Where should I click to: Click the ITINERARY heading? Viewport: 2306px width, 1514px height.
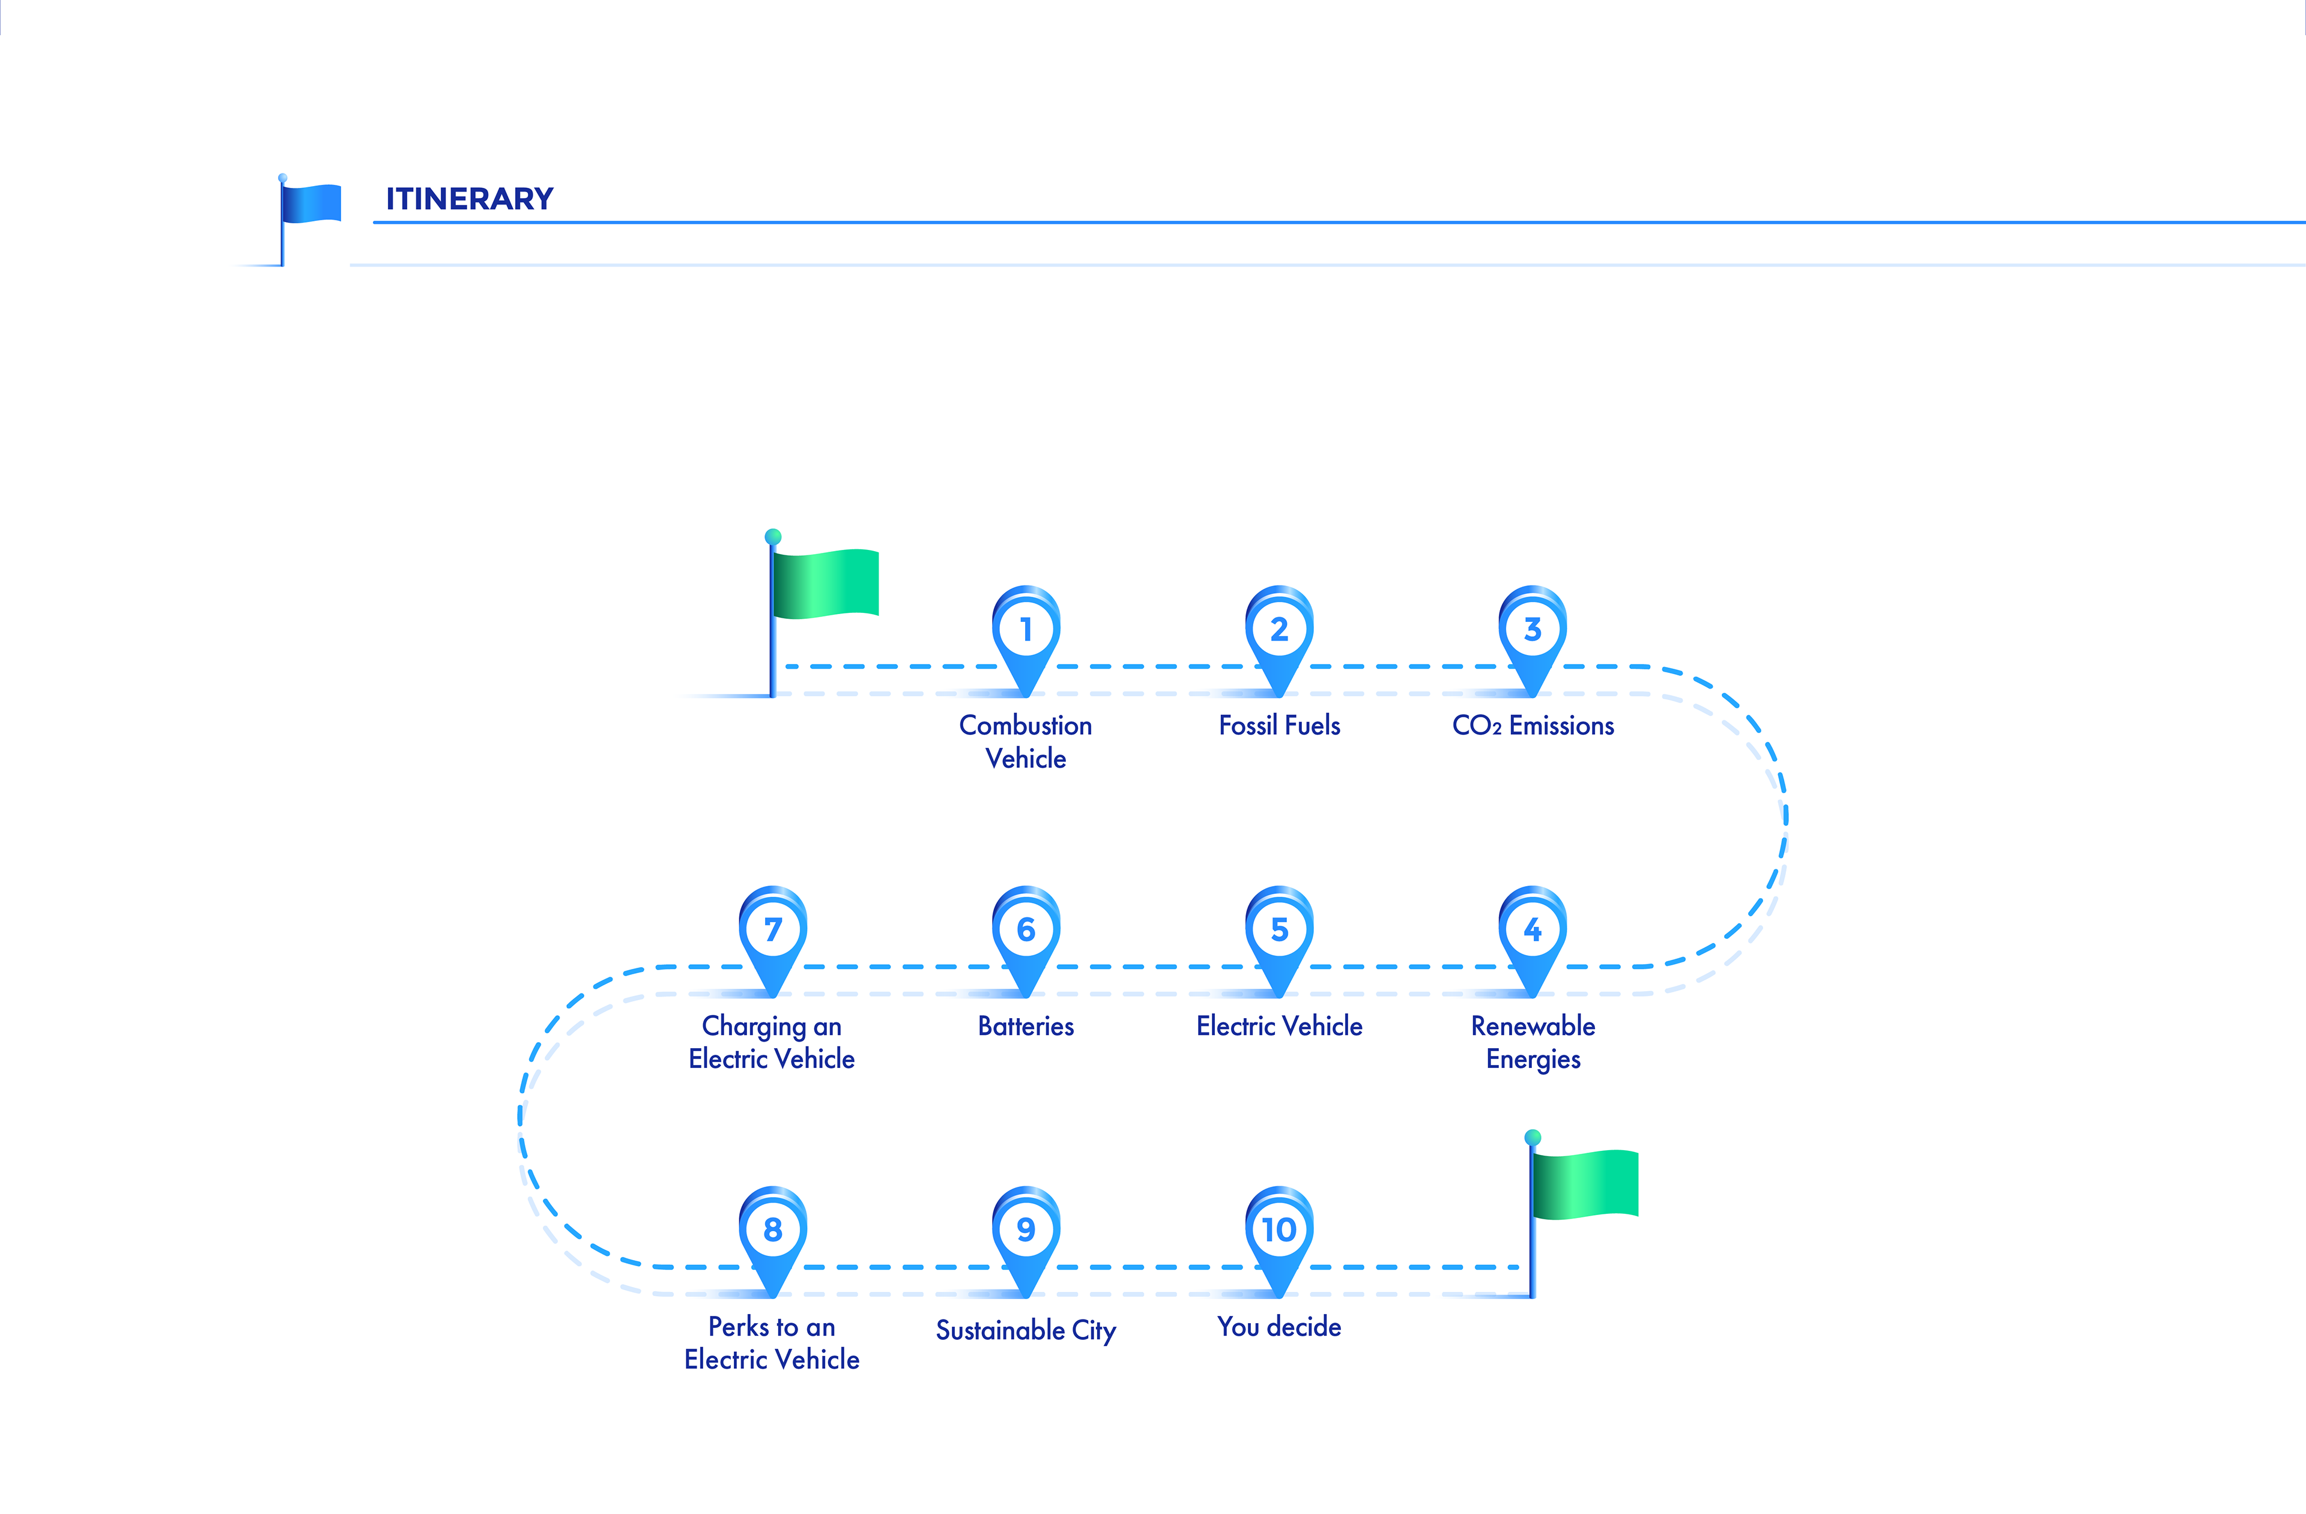point(469,199)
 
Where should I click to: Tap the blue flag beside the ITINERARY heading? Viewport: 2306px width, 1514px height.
point(310,204)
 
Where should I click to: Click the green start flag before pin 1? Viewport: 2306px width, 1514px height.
point(823,583)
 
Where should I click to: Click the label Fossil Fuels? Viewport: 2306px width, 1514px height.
point(1279,726)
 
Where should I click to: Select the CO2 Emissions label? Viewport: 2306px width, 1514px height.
point(1533,726)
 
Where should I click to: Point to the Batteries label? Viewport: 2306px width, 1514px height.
point(1025,1026)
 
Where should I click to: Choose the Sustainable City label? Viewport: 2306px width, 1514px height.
point(1025,1330)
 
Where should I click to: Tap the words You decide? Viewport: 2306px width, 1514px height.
point(1279,1326)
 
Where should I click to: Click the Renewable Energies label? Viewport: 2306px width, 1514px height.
point(1533,1042)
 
